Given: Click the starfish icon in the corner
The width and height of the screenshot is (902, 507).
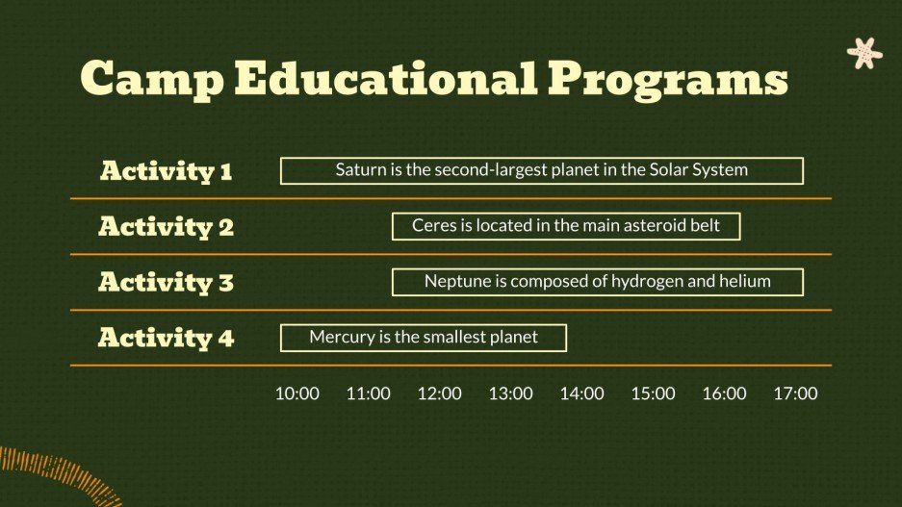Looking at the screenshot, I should [863, 53].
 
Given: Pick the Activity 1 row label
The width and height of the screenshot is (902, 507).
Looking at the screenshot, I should [166, 171].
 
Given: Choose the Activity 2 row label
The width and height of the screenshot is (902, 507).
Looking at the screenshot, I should [166, 227].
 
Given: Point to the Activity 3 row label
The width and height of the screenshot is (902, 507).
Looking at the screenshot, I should [166, 283].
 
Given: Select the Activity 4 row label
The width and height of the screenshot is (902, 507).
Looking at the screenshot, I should [166, 339].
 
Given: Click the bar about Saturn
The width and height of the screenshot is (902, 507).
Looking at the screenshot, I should [541, 171].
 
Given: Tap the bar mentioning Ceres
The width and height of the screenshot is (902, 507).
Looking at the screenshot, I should [565, 226].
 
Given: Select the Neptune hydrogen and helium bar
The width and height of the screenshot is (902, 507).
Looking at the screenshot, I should [597, 282].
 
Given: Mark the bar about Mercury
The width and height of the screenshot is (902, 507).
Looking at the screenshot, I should [423, 338].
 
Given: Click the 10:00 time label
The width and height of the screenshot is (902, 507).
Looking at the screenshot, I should [297, 393].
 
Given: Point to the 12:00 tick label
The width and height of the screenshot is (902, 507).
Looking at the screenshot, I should [440, 393].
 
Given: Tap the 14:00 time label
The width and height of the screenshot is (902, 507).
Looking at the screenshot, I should [582, 393].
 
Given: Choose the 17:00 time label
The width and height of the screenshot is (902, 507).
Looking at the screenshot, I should [795, 393].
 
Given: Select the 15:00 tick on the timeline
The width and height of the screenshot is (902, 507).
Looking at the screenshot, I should [654, 393].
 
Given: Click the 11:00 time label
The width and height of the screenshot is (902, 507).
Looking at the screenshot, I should [369, 393].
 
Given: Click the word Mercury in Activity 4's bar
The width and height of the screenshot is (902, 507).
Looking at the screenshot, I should [341, 338].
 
